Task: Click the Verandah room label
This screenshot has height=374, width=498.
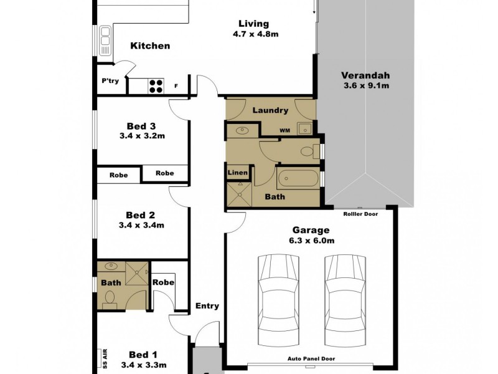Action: pos(365,76)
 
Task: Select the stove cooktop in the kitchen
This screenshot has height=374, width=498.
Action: pos(155,86)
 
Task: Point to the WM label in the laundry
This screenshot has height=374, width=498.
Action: pos(284,130)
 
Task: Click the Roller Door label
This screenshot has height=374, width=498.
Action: pos(361,214)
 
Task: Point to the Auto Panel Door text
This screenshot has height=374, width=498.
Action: pos(312,359)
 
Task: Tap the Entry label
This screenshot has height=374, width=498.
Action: pos(207,305)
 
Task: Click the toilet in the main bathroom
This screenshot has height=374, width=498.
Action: pos(307,150)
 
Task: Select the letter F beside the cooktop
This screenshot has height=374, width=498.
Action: pos(177,87)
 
